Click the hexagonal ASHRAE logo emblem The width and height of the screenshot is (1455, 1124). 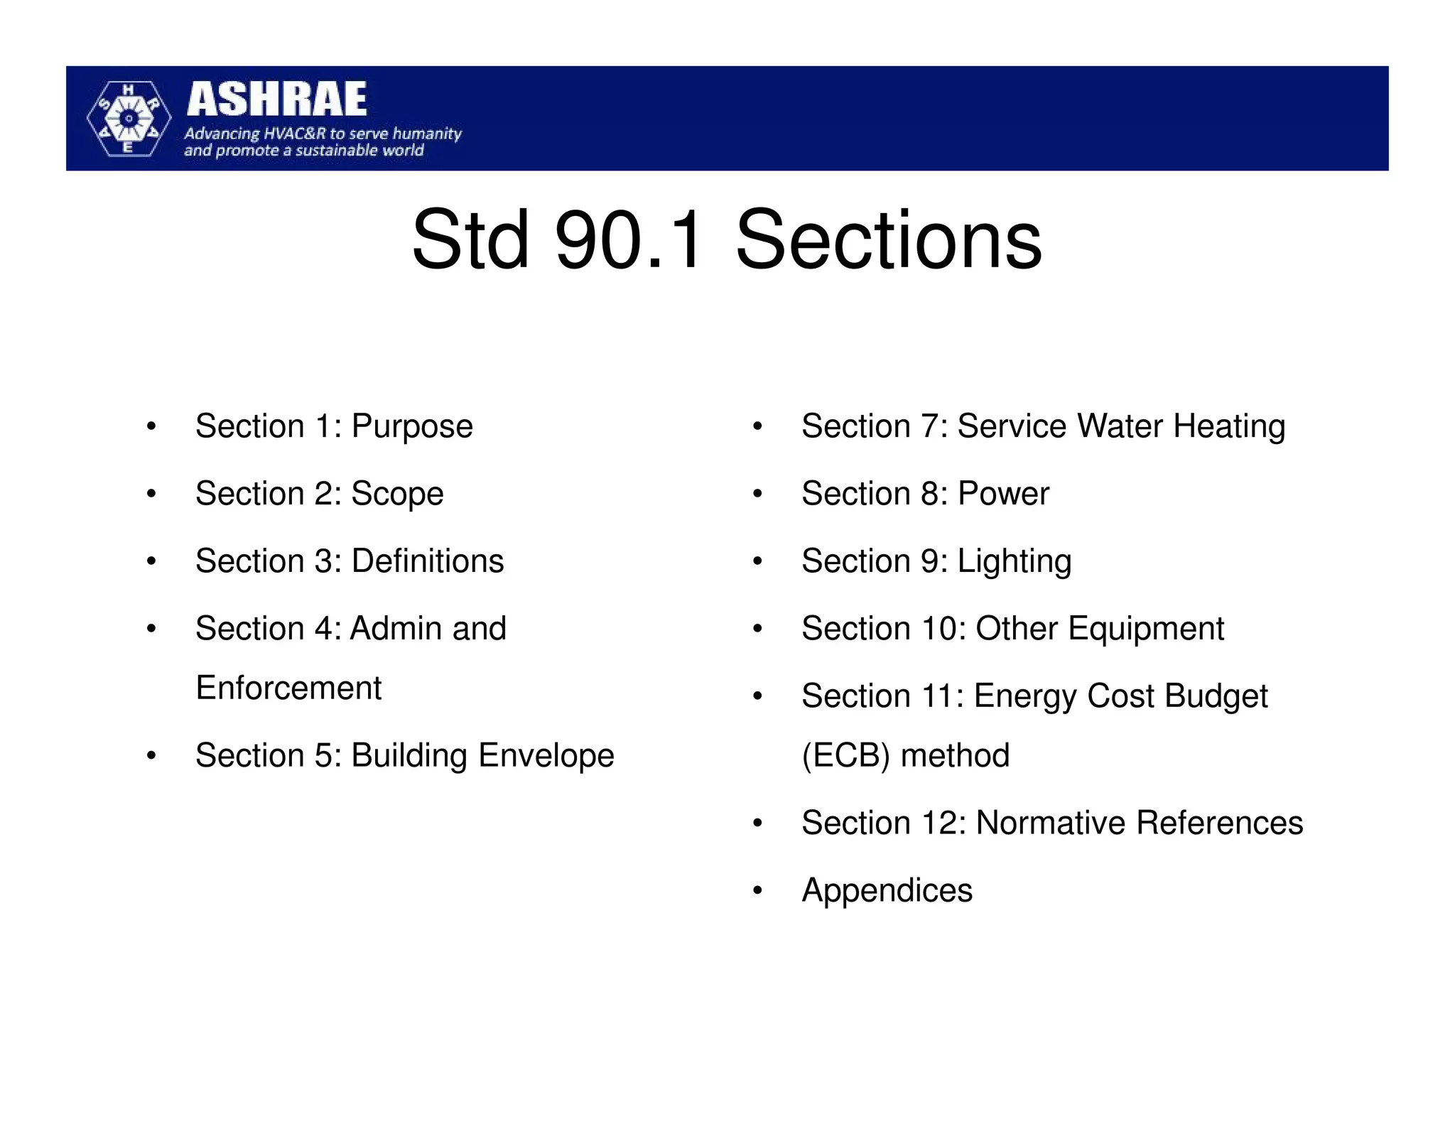pyautogui.click(x=129, y=119)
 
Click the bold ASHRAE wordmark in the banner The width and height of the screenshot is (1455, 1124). pyautogui.click(x=276, y=99)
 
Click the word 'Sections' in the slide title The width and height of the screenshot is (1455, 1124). pyautogui.click(x=888, y=239)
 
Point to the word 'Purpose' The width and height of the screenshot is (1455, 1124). pyautogui.click(x=412, y=427)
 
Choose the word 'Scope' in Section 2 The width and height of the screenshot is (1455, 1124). pyautogui.click(x=397, y=494)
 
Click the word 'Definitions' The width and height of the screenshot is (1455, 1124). pyautogui.click(x=428, y=561)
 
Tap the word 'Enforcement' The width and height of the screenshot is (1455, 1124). pyautogui.click(x=288, y=688)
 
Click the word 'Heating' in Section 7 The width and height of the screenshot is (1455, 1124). pyautogui.click(x=1229, y=427)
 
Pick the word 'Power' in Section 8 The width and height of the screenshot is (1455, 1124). pyautogui.click(x=1003, y=494)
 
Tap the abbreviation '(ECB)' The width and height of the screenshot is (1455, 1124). pyautogui.click(x=845, y=756)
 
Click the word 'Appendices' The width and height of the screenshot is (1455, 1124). pyautogui.click(x=887, y=890)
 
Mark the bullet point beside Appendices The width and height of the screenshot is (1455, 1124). pyautogui.click(x=757, y=891)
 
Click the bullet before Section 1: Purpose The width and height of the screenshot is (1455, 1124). pyautogui.click(x=151, y=427)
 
